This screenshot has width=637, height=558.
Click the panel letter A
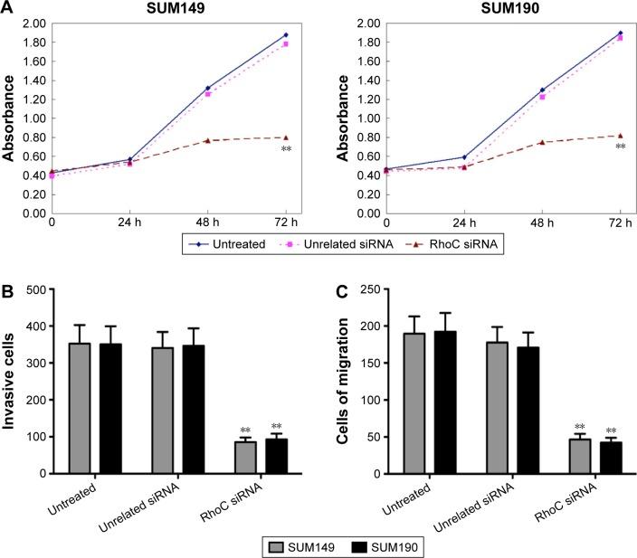tap(8, 8)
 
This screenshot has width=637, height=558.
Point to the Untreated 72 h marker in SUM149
tap(286, 35)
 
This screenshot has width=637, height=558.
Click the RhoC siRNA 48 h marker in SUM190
tap(542, 142)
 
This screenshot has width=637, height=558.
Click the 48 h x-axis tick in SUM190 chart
tap(543, 222)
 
